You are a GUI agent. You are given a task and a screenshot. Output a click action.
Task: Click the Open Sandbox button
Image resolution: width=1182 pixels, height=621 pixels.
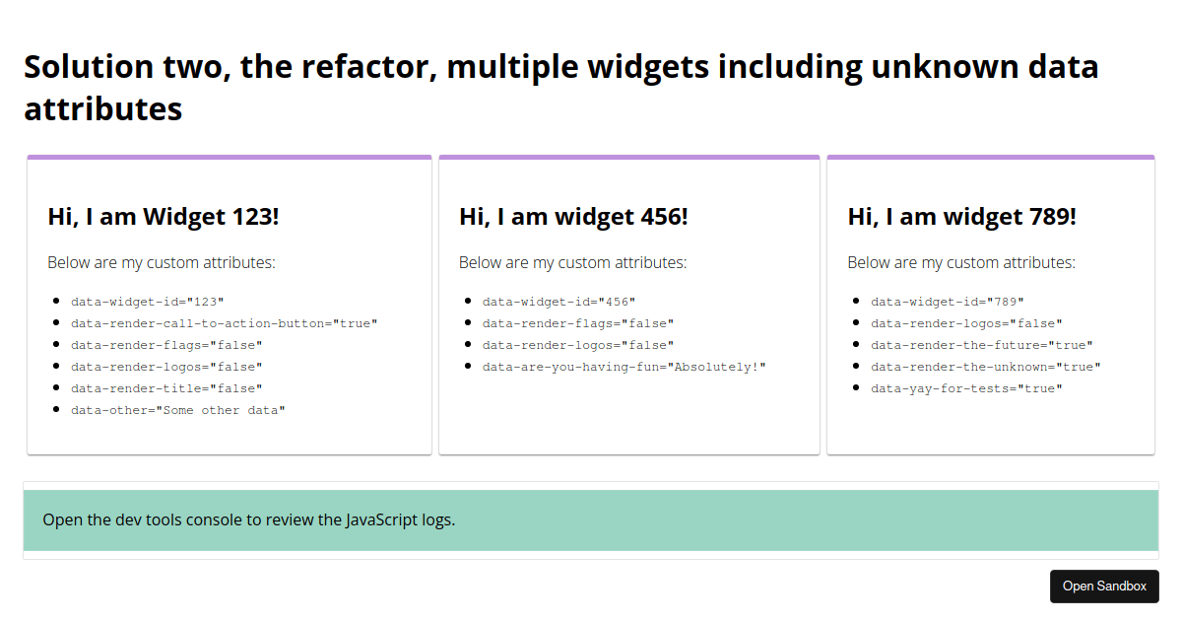(x=1104, y=586)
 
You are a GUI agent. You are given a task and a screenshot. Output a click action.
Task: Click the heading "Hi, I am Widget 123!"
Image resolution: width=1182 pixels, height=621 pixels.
(x=164, y=217)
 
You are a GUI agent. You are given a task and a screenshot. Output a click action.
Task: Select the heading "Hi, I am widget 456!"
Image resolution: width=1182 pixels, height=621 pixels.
(x=573, y=217)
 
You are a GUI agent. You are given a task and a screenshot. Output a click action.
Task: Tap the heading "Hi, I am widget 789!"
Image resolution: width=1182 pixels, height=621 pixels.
(x=961, y=217)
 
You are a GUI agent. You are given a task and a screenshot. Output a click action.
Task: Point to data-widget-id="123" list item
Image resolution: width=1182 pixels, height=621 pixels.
(x=147, y=302)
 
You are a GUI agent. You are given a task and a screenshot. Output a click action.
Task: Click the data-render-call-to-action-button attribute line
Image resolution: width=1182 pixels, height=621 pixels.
(x=225, y=323)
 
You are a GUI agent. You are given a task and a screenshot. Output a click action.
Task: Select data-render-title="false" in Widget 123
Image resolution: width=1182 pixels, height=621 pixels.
(x=166, y=388)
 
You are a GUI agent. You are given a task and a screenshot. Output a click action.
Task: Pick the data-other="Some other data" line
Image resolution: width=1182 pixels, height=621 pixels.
(x=178, y=410)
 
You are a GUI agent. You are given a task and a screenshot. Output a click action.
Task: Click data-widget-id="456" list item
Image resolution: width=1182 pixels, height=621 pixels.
(x=558, y=302)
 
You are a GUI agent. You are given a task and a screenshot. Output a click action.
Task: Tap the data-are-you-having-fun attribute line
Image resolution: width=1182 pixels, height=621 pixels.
(x=624, y=367)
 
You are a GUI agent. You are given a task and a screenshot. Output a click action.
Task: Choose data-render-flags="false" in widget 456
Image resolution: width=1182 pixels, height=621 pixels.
(x=578, y=323)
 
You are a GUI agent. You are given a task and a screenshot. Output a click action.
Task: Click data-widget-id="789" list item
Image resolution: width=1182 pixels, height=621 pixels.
(x=948, y=302)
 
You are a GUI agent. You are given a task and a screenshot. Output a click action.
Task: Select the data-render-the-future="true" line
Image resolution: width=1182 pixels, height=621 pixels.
(x=981, y=345)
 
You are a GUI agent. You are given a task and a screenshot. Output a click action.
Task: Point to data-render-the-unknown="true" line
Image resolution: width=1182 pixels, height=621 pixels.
(x=986, y=367)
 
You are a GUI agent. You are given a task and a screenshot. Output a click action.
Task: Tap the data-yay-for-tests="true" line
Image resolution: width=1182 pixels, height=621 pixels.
(x=966, y=388)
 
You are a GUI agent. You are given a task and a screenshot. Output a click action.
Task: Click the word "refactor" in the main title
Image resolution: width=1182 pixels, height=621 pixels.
(x=368, y=67)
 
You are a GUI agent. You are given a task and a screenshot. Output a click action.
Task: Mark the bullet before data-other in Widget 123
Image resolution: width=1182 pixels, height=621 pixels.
(x=56, y=409)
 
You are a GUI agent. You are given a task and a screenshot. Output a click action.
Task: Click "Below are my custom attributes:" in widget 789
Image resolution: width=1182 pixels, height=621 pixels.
(x=961, y=262)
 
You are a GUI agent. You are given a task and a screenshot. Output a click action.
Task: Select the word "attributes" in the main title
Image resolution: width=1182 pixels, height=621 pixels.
(x=102, y=109)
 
